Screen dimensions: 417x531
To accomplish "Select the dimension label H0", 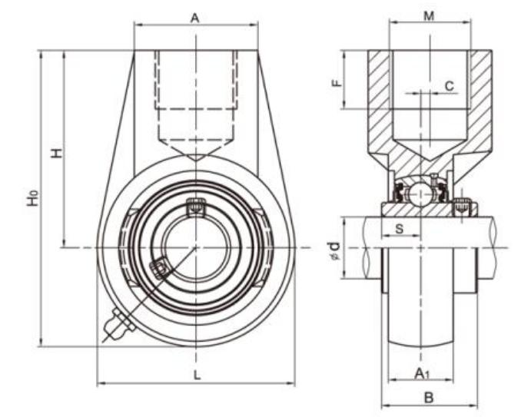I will coord(32,198).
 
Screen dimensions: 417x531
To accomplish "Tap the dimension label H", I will coord(56,153).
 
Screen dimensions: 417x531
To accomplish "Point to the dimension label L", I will coord(197,375).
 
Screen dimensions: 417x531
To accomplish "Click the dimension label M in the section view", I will coord(430,17).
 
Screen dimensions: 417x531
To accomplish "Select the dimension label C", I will coord(449,86).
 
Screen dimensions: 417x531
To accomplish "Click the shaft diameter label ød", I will coord(333,250).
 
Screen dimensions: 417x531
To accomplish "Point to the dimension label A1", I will coord(421,373).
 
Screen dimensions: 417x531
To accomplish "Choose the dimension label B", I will coord(430,397).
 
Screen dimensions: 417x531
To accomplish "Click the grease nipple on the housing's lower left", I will coord(118,324).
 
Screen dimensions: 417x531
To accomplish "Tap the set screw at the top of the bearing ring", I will coord(197,207).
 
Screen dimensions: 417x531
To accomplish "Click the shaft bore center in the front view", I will coord(197,247).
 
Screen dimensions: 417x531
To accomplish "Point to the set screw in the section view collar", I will coord(461,207).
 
